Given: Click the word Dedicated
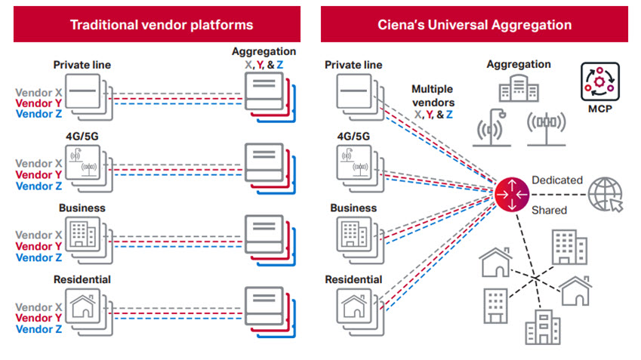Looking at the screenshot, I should click(x=556, y=180).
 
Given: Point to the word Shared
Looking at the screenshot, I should click(x=549, y=210).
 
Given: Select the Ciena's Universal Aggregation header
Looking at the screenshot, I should click(x=474, y=24).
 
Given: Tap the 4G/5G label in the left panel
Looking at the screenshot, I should click(x=82, y=136).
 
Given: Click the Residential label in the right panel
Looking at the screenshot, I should click(x=353, y=279).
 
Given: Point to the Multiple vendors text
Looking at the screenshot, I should click(x=432, y=95).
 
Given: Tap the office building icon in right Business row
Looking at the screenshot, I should click(x=348, y=234).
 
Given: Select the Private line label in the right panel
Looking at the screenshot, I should click(x=353, y=65).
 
